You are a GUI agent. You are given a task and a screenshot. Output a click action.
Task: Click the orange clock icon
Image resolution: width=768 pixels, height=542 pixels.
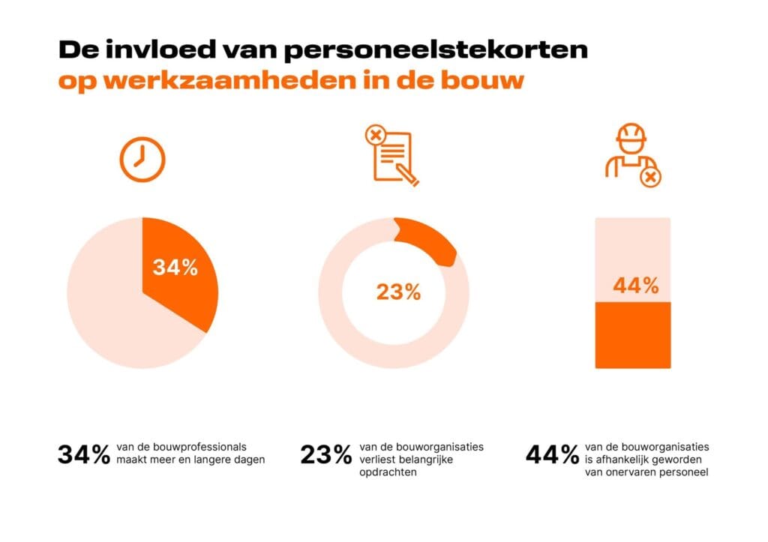coord(142,160)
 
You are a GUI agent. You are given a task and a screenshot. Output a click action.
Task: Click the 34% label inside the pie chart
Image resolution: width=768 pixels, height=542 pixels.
coord(175,268)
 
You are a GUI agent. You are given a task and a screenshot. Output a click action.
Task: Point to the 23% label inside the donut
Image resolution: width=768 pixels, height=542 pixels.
coord(398,292)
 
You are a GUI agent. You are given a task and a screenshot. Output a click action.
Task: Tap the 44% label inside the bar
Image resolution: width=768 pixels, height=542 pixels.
coord(635,286)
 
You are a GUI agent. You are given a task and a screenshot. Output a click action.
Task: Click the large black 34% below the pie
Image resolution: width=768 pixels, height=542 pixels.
coord(84,454)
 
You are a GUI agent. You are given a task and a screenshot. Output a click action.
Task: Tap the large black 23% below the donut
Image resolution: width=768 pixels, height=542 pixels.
coord(326,454)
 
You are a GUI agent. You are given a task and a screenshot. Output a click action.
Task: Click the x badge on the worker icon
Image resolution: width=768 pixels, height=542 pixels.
coord(650,178)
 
